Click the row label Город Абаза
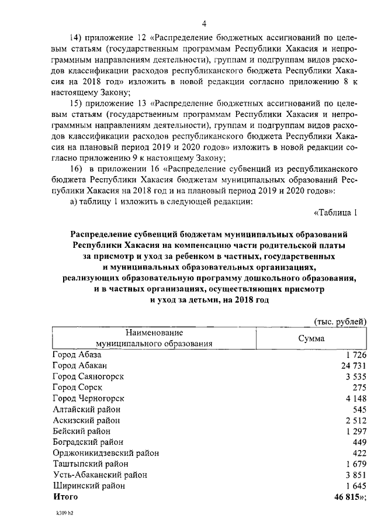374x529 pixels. click(77, 355)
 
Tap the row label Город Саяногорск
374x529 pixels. click(88, 376)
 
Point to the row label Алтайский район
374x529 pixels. click(86, 409)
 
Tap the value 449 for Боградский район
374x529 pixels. click(359, 442)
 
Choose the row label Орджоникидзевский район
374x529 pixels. click(105, 453)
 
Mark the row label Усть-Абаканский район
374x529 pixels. click(99, 475)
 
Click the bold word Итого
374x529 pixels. click(65, 497)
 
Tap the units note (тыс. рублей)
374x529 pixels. click(340, 321)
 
